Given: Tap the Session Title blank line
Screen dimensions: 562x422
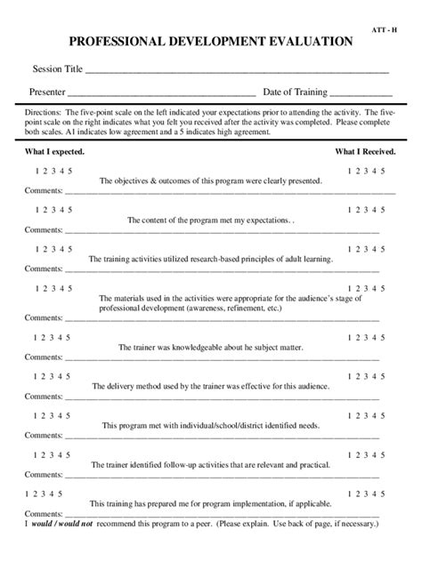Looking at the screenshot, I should pos(237,70).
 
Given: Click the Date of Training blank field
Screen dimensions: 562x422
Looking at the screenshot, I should pos(361,93).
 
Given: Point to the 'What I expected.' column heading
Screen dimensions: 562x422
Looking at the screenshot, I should pos(54,152).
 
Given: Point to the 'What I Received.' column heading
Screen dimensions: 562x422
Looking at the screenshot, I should pos(365,152).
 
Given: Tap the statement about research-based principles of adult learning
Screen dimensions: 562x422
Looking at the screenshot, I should pos(211,260).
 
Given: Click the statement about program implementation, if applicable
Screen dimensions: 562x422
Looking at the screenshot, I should pos(211,503).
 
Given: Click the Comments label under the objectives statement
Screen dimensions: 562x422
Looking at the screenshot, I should pos(43,190).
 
